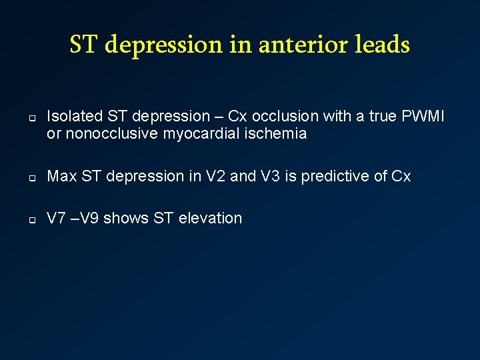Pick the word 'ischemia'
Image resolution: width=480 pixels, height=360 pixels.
pos(275,134)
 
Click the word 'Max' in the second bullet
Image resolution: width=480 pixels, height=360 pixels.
pos(61,176)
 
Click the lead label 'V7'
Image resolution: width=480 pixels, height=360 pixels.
pos(56,218)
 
